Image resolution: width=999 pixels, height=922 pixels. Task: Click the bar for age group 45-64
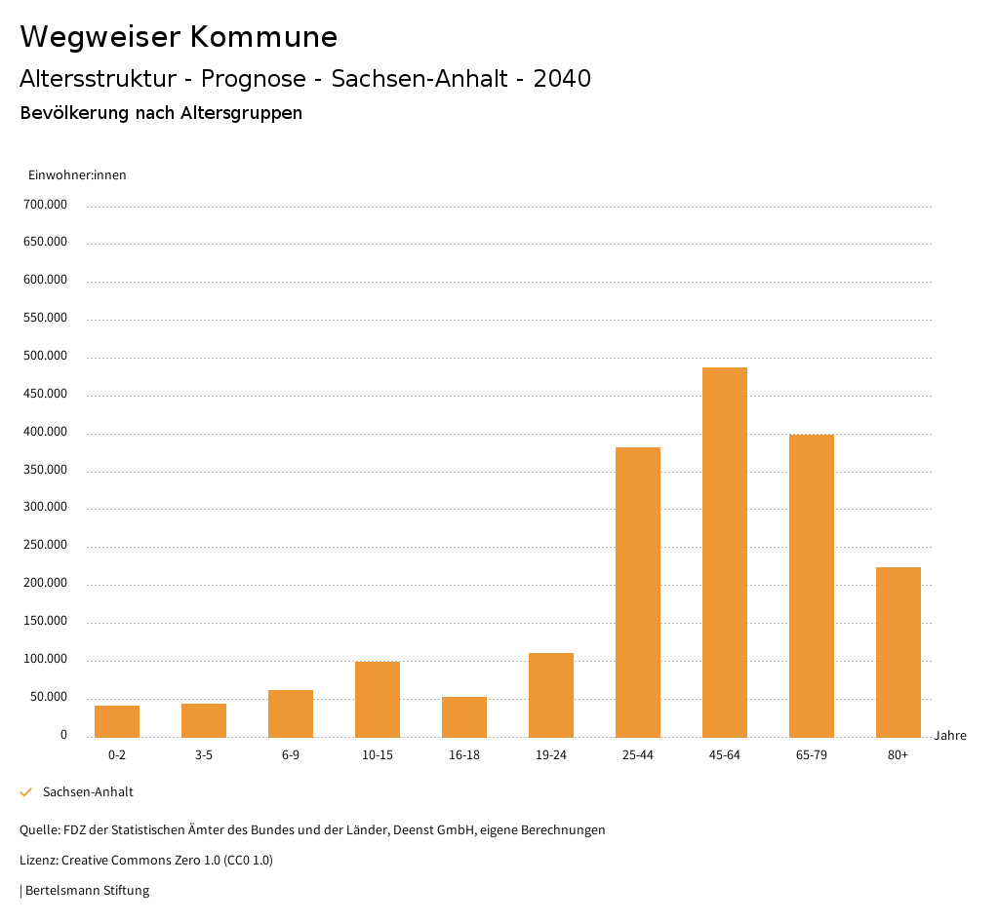tap(725, 552)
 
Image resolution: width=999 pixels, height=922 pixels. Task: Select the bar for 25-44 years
tap(638, 592)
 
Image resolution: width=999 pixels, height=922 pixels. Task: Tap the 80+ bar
tap(899, 652)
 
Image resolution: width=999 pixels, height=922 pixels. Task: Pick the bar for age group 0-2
tap(117, 721)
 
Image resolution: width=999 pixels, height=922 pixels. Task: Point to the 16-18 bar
tap(464, 716)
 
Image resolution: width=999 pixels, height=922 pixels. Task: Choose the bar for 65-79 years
tap(812, 586)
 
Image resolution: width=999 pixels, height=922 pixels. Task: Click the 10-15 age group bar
tap(378, 699)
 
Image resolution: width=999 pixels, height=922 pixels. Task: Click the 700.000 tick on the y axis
tap(46, 205)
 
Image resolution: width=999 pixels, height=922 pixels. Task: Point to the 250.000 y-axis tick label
tap(46, 545)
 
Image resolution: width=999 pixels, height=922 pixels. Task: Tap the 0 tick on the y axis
tap(63, 735)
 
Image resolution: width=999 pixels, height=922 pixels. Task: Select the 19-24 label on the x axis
tap(551, 755)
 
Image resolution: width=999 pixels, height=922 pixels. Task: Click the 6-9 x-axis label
tap(291, 755)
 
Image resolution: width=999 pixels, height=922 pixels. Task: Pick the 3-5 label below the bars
tap(204, 755)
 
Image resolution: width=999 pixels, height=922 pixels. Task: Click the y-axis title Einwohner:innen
tap(77, 175)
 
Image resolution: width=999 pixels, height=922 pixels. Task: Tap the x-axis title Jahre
tap(950, 736)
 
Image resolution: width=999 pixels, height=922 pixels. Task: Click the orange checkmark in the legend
tap(26, 792)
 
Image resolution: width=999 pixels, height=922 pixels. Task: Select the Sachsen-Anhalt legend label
tap(88, 792)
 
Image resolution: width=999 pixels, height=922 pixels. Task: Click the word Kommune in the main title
tap(263, 37)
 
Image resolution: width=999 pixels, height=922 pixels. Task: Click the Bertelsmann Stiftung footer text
tap(87, 891)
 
